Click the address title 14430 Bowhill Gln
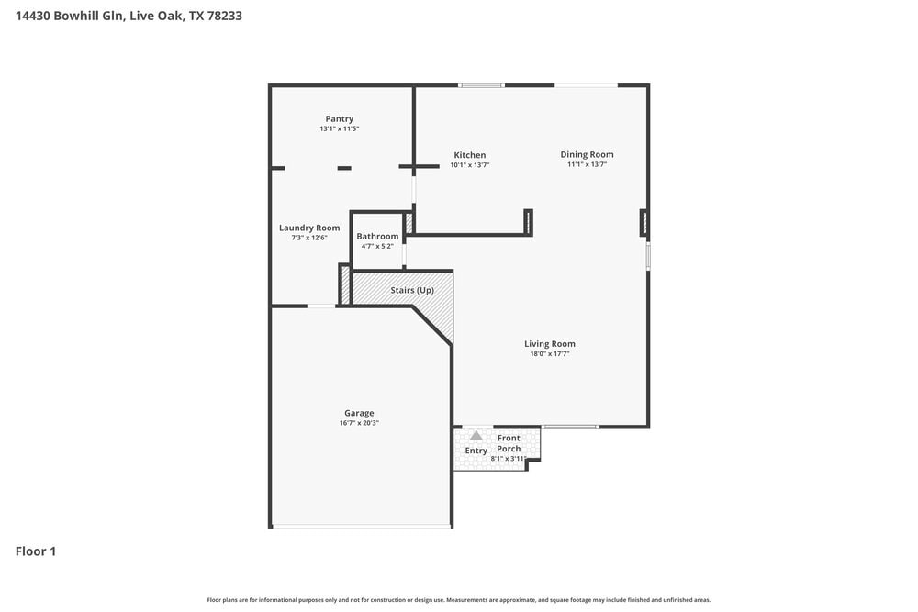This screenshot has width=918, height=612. point(129,16)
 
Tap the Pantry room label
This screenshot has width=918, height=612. point(339,118)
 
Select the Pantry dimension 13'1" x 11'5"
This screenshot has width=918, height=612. point(339,129)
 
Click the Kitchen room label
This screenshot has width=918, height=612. point(469,155)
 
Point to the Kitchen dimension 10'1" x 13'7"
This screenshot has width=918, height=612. point(469,165)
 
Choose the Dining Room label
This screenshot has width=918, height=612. point(587,154)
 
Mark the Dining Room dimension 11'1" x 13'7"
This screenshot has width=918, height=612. point(587,164)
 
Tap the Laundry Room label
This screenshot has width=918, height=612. point(309,228)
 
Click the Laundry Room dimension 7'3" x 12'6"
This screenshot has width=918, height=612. point(309,238)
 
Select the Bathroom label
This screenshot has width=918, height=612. point(377,236)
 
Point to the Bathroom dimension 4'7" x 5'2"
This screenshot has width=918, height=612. point(377,246)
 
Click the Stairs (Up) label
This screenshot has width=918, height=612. point(412,290)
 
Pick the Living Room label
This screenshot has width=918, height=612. point(550,343)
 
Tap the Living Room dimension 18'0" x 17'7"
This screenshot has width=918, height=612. point(550,353)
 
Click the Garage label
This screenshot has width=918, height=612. point(359,413)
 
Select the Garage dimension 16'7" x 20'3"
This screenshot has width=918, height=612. point(359,423)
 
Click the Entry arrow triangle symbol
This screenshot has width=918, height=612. point(476,436)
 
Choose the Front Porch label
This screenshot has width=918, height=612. point(509,443)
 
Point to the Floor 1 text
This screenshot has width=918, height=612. point(36,551)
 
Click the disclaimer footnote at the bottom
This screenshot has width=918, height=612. point(459,599)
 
